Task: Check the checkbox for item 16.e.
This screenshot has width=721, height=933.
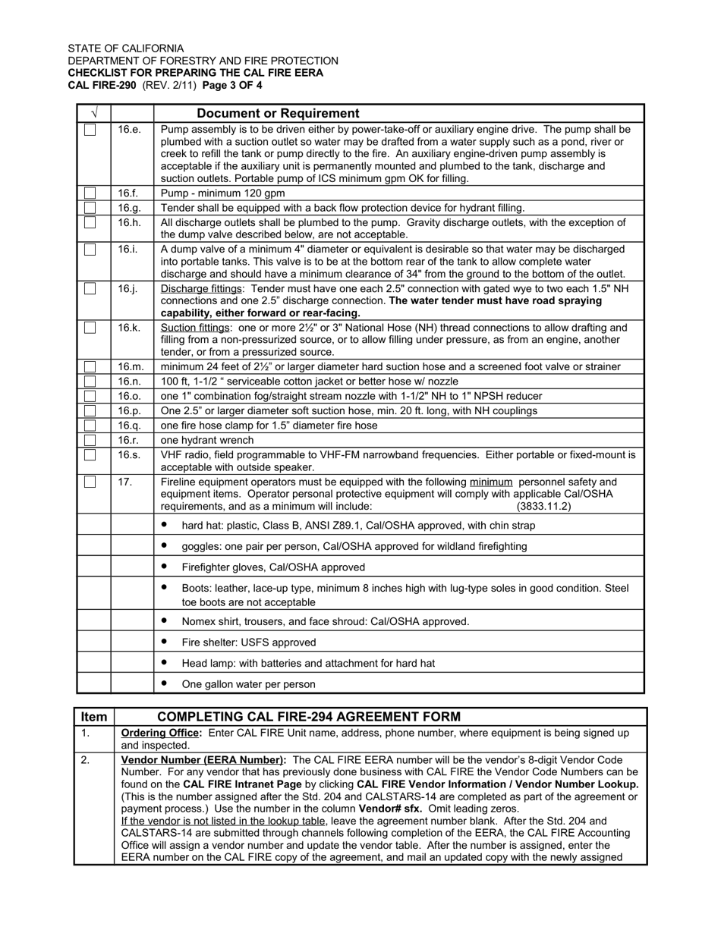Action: click(x=90, y=130)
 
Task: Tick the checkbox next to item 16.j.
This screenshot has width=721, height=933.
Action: click(x=90, y=289)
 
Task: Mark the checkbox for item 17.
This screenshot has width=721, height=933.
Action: click(x=90, y=482)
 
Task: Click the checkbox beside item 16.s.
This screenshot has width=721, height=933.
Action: click(x=90, y=455)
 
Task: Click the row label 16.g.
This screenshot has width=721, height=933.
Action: click(x=130, y=208)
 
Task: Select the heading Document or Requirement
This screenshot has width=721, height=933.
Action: click(x=278, y=114)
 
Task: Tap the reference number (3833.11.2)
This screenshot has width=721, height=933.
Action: click(x=543, y=506)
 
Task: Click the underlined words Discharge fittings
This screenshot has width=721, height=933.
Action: click(x=201, y=289)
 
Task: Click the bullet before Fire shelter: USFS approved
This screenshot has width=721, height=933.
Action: click(x=164, y=641)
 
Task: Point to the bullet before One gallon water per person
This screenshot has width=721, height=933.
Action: click(x=164, y=683)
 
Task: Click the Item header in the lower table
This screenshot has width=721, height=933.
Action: click(x=94, y=717)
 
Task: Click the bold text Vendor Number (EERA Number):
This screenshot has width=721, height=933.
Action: click(x=203, y=759)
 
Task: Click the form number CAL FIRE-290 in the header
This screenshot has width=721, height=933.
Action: click(x=102, y=85)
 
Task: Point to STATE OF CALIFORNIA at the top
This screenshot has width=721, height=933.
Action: click(x=125, y=48)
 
